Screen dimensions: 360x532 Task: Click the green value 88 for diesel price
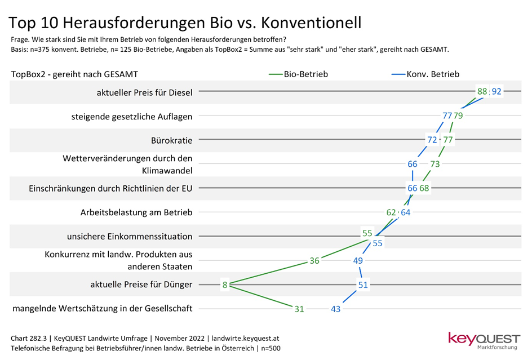point(482,91)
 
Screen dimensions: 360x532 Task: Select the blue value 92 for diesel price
point(496,91)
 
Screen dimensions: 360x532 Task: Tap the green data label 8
point(224,285)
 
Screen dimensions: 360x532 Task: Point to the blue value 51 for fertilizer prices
point(362,285)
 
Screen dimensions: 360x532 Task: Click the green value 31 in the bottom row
point(299,309)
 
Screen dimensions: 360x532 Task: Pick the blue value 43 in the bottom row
point(336,309)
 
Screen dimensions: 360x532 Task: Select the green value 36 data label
point(315,261)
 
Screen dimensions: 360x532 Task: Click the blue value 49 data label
point(357,261)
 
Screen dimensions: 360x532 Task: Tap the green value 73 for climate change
point(435,164)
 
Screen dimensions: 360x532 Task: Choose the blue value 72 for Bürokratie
point(432,140)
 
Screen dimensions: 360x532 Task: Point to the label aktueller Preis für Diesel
point(144,92)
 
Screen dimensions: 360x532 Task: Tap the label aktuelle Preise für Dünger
point(141,285)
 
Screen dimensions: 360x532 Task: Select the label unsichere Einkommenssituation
point(130,237)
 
